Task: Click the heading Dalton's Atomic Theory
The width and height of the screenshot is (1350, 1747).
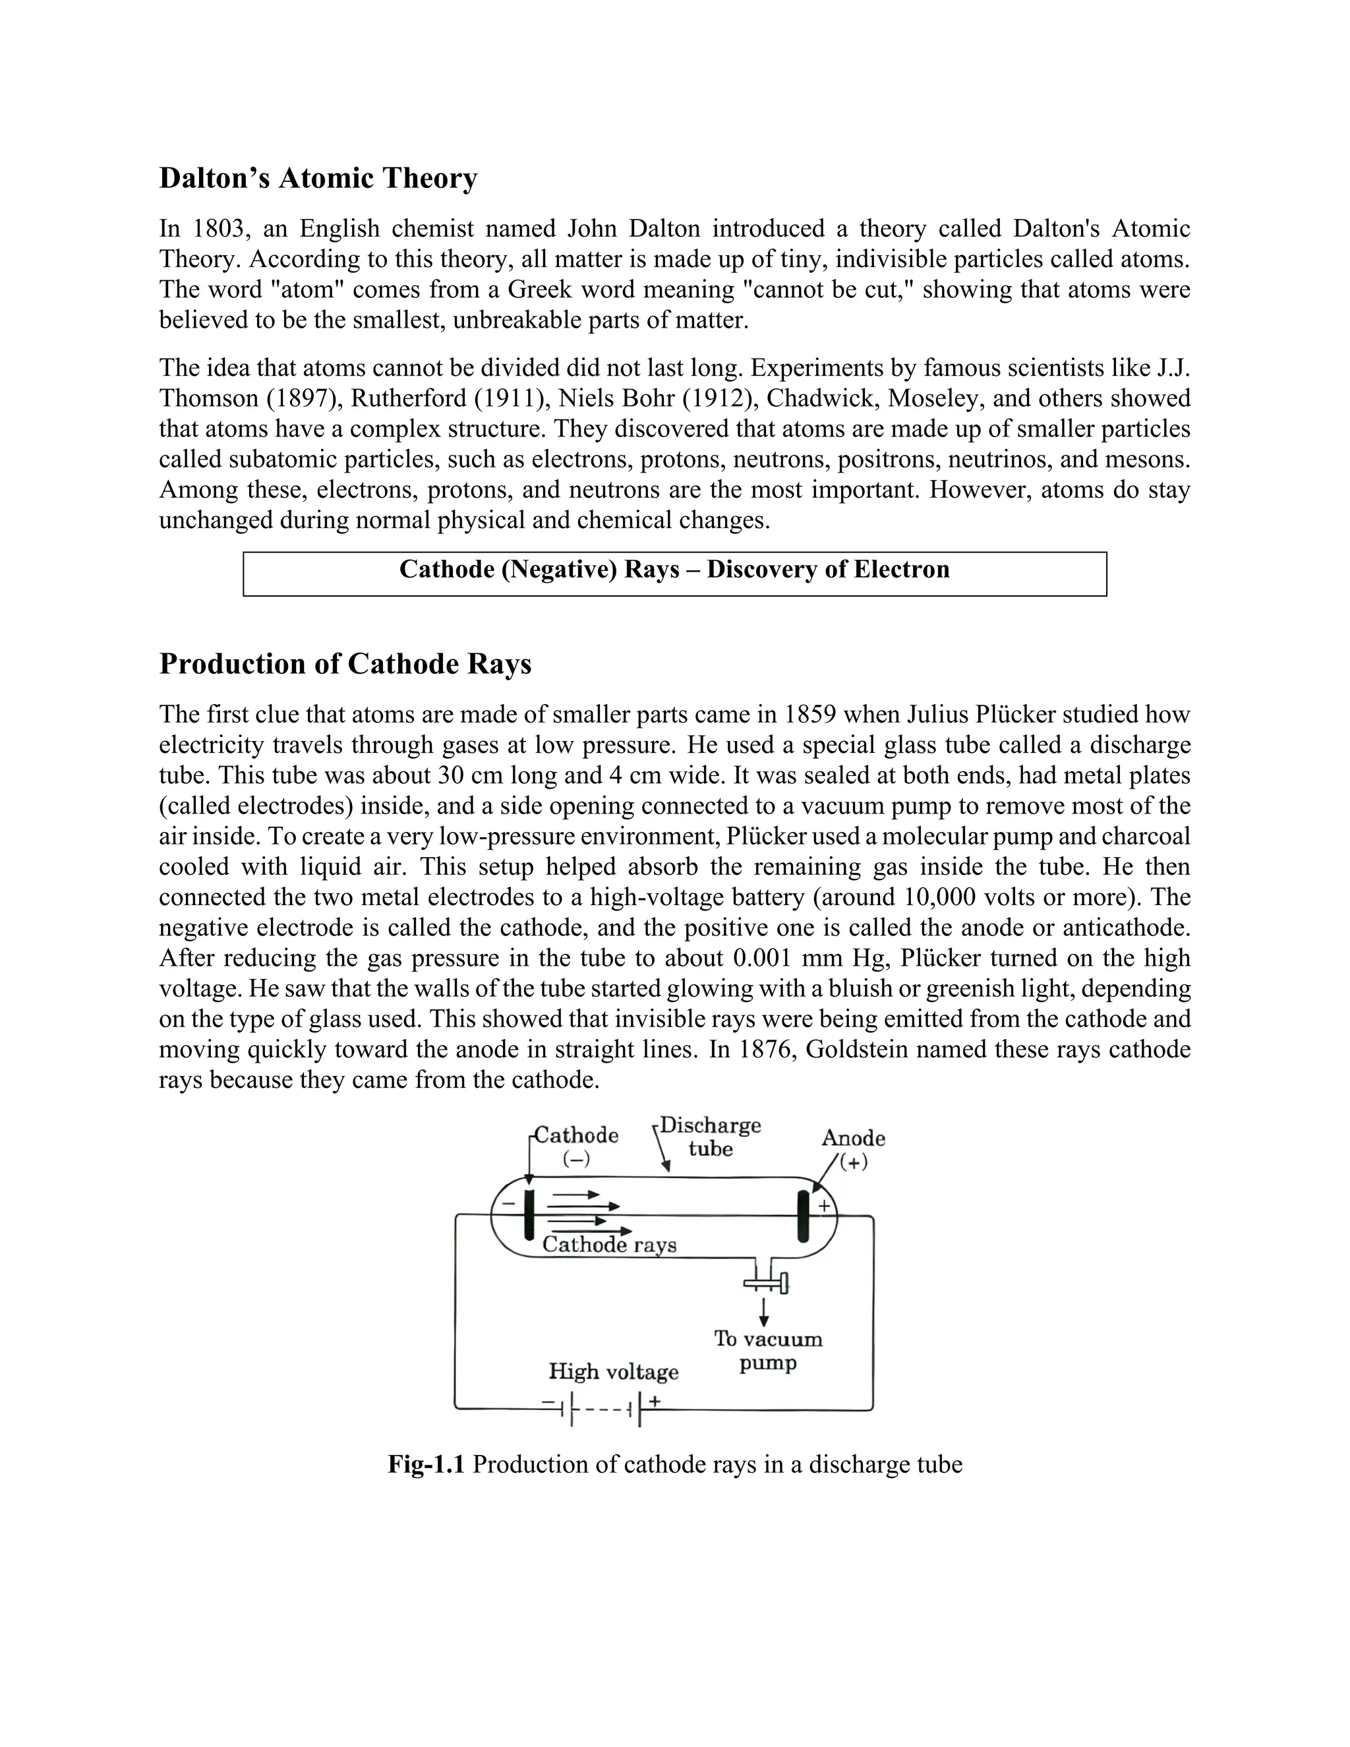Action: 318,177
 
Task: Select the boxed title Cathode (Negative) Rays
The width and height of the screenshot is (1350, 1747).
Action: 674,570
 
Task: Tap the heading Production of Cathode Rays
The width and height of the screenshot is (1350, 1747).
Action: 345,664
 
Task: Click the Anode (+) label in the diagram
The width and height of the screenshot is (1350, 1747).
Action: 854,1148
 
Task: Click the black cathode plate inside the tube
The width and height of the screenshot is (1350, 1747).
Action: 529,1215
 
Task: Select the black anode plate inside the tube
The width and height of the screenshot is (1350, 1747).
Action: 803,1216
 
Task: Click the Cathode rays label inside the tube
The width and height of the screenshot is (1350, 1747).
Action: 610,1245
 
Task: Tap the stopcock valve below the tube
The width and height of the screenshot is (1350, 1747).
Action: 766,1284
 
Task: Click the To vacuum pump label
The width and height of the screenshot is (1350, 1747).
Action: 768,1350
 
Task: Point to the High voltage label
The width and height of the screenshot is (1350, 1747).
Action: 614,1372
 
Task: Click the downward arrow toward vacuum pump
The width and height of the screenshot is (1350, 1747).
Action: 764,1312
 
